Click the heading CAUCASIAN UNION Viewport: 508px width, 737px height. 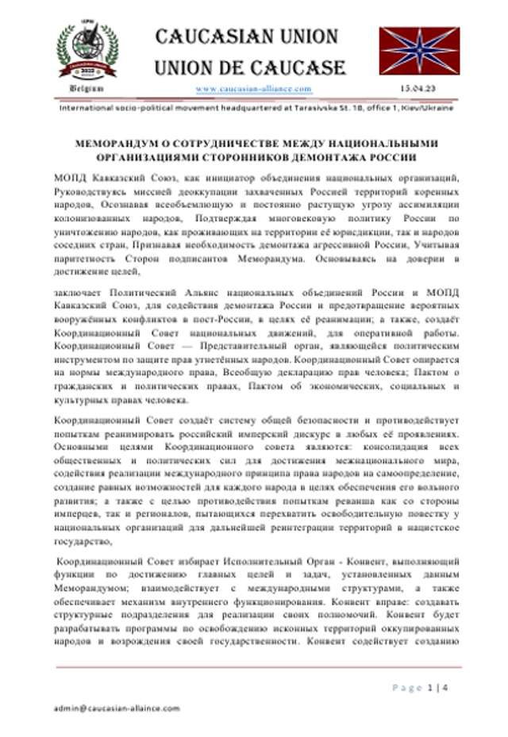[x=246, y=36]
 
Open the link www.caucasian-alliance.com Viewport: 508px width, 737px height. [x=253, y=89]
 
